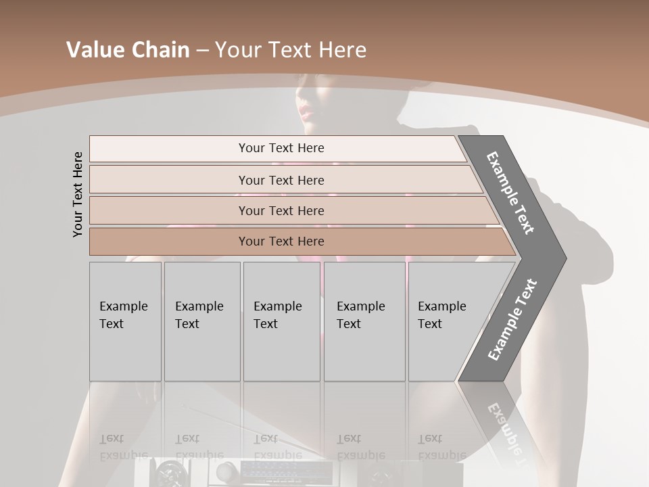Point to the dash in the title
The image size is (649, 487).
point(202,51)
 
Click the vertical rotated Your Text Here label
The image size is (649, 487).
point(78,194)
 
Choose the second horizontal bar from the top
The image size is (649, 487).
point(281,180)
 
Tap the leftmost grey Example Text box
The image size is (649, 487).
point(125,321)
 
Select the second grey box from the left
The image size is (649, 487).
point(202,321)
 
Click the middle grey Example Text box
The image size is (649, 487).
point(281,321)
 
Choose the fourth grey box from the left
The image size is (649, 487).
point(364,321)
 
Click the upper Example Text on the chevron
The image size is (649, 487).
point(510,193)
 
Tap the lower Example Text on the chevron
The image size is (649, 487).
point(512,320)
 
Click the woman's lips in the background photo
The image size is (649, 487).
point(306,110)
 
